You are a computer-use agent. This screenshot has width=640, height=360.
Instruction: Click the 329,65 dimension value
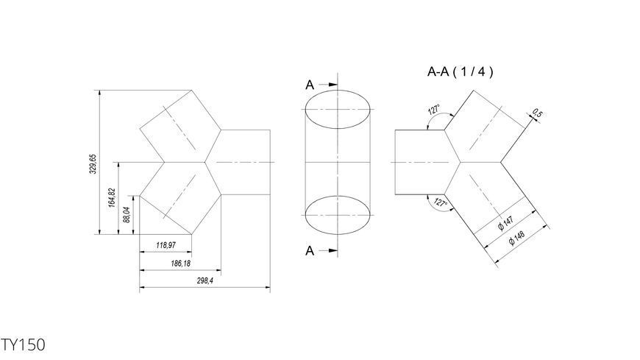pos(93,164)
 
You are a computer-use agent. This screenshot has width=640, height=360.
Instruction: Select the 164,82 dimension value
pos(112,198)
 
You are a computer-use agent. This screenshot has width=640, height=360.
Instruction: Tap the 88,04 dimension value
pos(127,214)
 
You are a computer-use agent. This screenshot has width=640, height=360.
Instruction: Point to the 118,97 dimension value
pos(166,245)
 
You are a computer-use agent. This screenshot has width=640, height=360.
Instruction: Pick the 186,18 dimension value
pos(180,264)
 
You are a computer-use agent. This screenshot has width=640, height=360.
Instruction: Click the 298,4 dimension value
pos(205,280)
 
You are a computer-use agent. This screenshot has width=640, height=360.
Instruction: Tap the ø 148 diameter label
pos(516,239)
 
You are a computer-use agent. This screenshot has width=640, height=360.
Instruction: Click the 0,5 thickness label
pos(537,113)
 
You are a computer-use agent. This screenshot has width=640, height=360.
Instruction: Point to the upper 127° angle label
pos(434,110)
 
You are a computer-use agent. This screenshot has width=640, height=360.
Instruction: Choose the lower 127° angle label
pos(441,202)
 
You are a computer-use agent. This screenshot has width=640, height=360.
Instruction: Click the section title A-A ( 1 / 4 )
pos(460,72)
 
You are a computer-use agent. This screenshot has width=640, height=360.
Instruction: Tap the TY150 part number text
pos(23,345)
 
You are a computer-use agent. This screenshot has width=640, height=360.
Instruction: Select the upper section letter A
pos(310,85)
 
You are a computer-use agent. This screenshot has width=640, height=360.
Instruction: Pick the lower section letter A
pos(310,250)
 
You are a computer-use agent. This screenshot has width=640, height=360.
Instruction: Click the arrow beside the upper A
pos(328,85)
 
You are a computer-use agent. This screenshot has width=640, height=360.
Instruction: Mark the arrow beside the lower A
pos(328,250)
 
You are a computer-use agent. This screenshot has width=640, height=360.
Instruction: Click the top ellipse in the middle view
pos(338,91)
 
